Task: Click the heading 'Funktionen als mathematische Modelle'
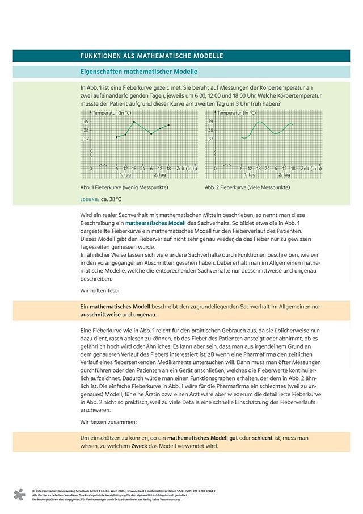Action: click(151, 56)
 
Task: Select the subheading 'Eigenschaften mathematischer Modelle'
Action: click(139, 72)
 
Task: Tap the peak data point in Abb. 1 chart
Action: click(134, 122)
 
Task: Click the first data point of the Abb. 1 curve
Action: click(117, 137)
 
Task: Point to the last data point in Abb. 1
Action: click(168, 125)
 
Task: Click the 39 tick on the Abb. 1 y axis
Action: click(86, 122)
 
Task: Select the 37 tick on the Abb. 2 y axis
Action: click(210, 139)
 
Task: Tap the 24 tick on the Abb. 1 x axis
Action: click(142, 169)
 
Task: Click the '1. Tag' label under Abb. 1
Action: click(125, 174)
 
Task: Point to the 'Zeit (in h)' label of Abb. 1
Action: click(187, 169)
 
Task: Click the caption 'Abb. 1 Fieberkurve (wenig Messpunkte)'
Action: click(124, 187)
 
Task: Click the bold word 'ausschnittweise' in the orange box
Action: click(100, 314)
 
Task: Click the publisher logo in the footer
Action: click(20, 494)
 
